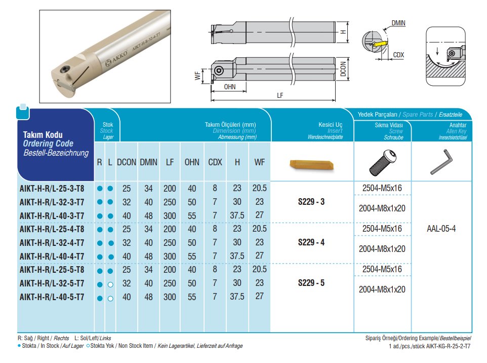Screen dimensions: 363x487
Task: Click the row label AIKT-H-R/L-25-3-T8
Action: click(52, 189)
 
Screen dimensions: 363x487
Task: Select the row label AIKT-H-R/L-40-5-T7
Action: click(52, 297)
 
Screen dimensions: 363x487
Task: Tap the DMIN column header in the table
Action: click(148, 162)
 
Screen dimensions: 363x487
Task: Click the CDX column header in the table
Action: click(215, 162)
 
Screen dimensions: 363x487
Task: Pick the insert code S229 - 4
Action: click(311, 242)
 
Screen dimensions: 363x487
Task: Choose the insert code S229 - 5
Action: click(311, 283)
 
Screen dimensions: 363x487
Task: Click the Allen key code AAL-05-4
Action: click(441, 229)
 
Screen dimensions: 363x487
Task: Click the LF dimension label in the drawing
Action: click(280, 95)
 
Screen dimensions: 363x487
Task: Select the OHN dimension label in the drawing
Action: click(230, 86)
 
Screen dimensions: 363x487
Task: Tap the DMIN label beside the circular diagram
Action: click(398, 23)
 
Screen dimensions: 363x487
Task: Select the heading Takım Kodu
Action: click(44, 135)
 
